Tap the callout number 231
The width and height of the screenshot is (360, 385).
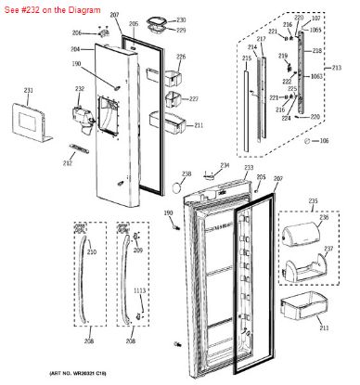(x=28, y=90)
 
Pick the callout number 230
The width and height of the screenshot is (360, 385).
(x=181, y=19)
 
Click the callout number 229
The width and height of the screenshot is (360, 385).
(x=181, y=31)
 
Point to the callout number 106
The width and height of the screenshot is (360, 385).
(x=325, y=141)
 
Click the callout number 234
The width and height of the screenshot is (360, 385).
(x=224, y=165)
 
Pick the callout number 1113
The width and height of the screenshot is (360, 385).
(x=140, y=290)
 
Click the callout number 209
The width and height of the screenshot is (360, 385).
(x=138, y=250)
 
